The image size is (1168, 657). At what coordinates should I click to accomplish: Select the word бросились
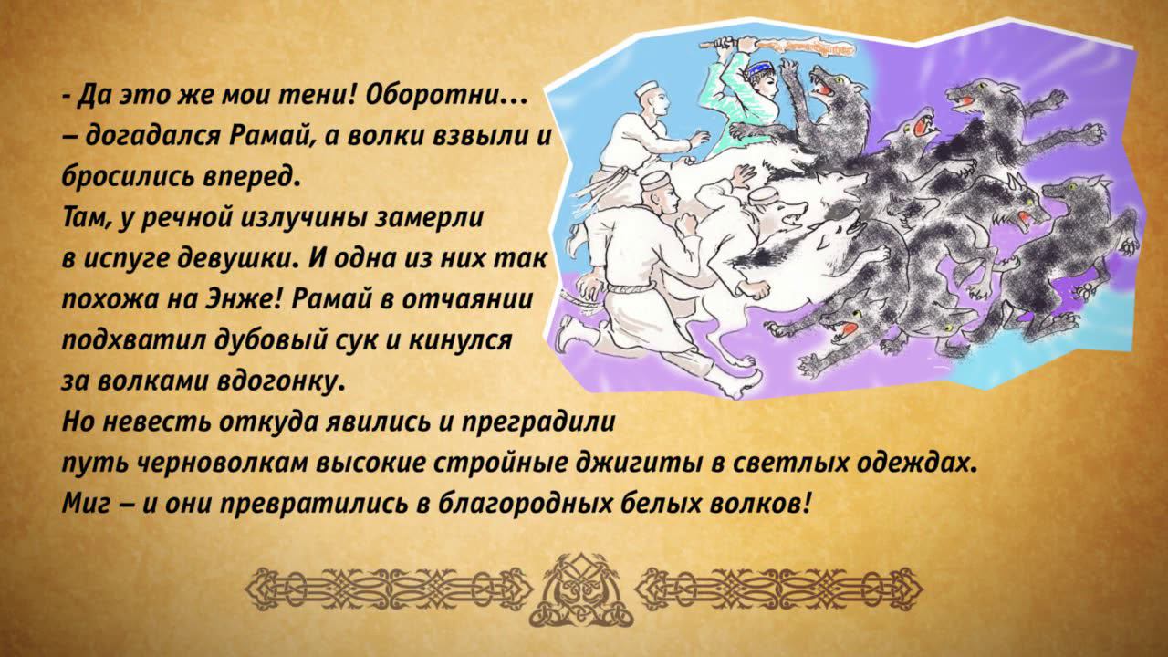pyautogui.click(x=119, y=176)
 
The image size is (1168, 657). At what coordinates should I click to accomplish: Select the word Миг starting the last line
pyautogui.click(x=86, y=503)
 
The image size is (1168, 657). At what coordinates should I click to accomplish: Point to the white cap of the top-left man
pyautogui.click(x=645, y=89)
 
